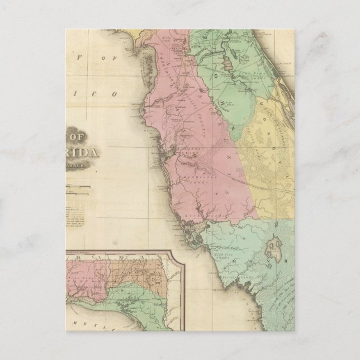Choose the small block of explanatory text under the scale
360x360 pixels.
tap(75, 217)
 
